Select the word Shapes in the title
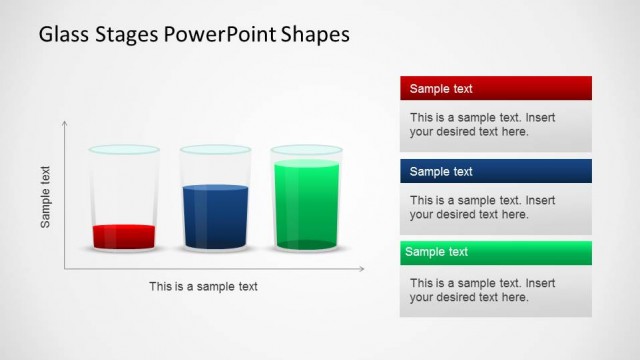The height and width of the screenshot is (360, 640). click(x=315, y=34)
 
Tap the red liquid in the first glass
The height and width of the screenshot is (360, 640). click(x=124, y=237)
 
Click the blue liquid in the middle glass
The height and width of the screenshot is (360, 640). click(x=214, y=217)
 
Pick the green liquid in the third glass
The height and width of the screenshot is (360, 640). click(x=305, y=205)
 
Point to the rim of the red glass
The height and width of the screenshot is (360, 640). click(x=124, y=150)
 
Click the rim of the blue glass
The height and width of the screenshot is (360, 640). click(x=214, y=150)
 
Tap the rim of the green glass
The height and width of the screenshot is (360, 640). click(x=305, y=150)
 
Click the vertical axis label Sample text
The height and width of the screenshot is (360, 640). click(x=46, y=197)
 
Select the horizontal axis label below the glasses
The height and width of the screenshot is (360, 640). click(x=203, y=286)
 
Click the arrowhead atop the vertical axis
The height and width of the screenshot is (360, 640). click(x=65, y=124)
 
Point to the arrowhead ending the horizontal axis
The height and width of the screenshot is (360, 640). click(x=361, y=269)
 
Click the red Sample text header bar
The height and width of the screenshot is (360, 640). click(x=495, y=88)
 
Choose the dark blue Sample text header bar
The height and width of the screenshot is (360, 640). click(x=495, y=171)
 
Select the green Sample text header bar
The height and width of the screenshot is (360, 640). click(x=495, y=252)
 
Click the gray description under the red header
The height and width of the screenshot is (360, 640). click(x=495, y=125)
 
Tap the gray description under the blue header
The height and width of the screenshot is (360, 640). click(x=495, y=208)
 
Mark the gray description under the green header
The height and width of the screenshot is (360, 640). click(x=495, y=290)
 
